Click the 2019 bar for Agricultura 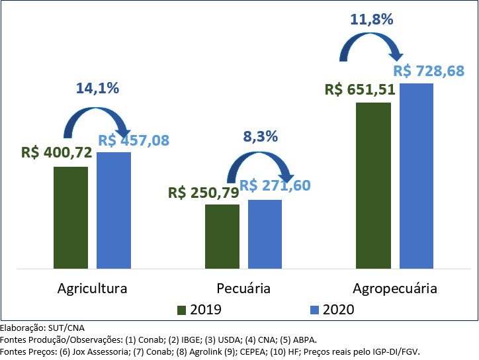tap(71, 218)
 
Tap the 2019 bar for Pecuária tap(222, 236)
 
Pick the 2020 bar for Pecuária tap(265, 234)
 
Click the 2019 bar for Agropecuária tap(373, 185)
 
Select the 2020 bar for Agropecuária tap(416, 176)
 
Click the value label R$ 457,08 tap(134, 140)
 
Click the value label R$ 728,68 tap(428, 71)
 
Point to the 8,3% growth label tap(260, 137)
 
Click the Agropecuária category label tap(395, 289)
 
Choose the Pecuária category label tap(243, 289)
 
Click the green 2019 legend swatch tap(183, 310)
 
